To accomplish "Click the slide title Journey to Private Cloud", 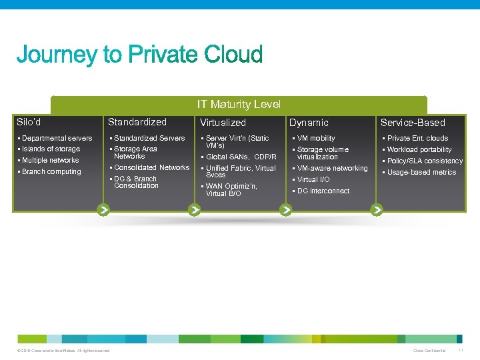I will click(139, 55).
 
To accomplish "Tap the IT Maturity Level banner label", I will click(239, 104).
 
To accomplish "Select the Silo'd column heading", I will click(29, 122).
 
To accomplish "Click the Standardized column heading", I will click(137, 122).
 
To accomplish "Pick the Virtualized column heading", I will click(223, 123).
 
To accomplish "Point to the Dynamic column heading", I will click(309, 123).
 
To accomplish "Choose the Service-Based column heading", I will click(413, 123).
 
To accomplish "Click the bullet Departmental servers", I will click(57, 138).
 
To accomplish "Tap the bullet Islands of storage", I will click(51, 149).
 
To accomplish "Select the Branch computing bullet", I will click(51, 172).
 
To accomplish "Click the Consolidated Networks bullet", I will click(151, 167).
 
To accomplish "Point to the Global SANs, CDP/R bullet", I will click(241, 157).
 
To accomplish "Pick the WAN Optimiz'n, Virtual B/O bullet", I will click(231, 190).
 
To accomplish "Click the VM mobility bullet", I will click(316, 138).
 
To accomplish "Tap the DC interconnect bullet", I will click(323, 191).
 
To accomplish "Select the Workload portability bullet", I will click(419, 149).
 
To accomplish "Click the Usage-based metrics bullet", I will click(421, 172).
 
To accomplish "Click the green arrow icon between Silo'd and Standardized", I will click(103, 210).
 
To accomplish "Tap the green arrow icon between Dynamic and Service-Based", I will click(377, 210).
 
